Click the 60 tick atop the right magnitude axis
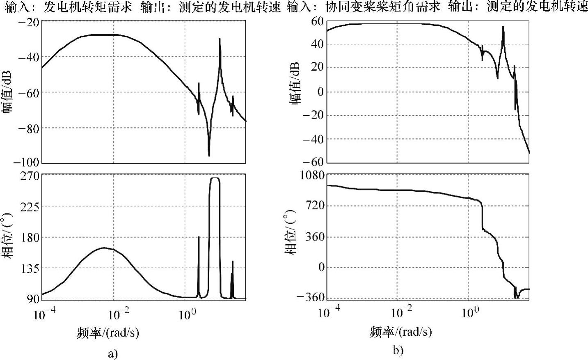(x=318, y=21)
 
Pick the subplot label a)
(x=112, y=353)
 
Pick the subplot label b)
(x=398, y=350)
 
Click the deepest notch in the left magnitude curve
(x=209, y=155)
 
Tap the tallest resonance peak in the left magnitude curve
(x=220, y=39)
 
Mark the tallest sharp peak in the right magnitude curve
(x=503, y=27)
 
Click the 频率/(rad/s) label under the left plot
(x=108, y=332)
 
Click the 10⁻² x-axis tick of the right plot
(x=402, y=312)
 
